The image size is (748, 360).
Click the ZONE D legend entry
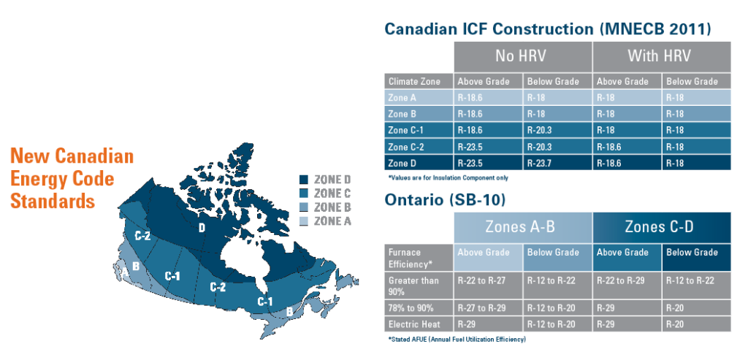(326, 179)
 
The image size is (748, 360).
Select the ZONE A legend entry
(326, 221)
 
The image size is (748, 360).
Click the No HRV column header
(522, 56)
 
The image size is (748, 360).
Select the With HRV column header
(660, 56)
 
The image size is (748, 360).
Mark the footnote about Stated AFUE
(457, 339)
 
